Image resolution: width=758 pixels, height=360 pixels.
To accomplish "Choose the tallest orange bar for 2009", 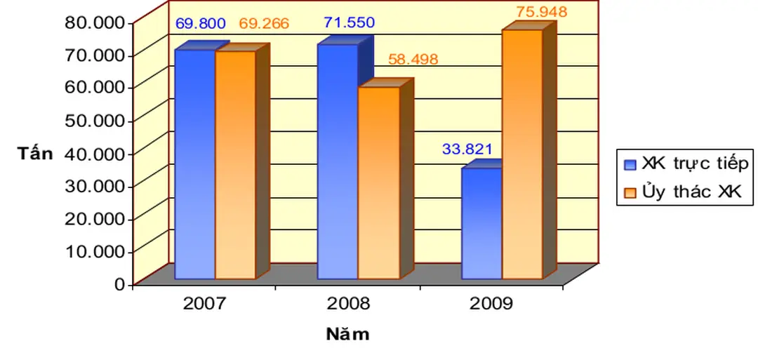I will click(x=522, y=154).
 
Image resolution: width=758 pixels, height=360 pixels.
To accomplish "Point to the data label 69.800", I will click(x=200, y=24).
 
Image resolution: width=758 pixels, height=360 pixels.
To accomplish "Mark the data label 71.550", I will click(x=349, y=22).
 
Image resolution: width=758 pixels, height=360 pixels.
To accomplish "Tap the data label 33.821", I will click(x=467, y=149).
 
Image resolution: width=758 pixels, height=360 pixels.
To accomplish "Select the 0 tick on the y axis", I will click(x=119, y=284).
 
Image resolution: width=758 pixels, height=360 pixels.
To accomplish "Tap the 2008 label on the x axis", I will click(x=349, y=305).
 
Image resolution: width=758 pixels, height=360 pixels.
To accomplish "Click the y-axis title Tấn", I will click(x=35, y=154).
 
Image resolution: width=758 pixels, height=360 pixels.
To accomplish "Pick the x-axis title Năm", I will click(x=347, y=334).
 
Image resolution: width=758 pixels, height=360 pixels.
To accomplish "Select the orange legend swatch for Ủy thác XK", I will click(x=630, y=192).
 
